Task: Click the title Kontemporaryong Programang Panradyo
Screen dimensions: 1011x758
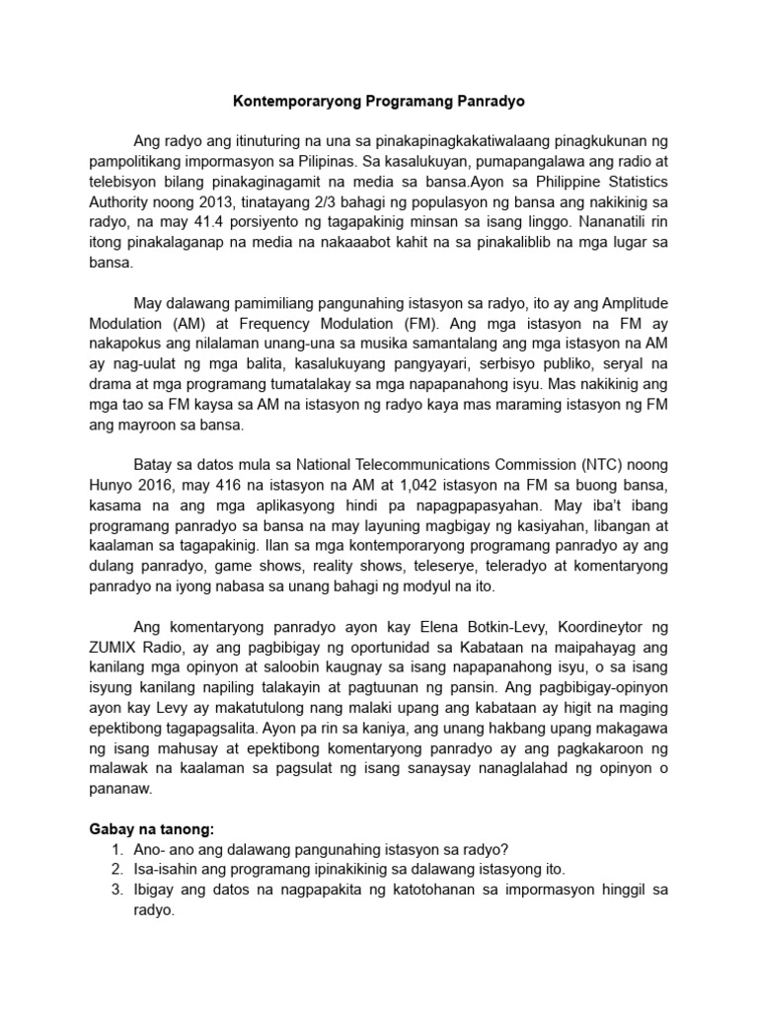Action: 378,101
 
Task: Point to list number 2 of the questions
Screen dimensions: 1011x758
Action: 117,869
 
